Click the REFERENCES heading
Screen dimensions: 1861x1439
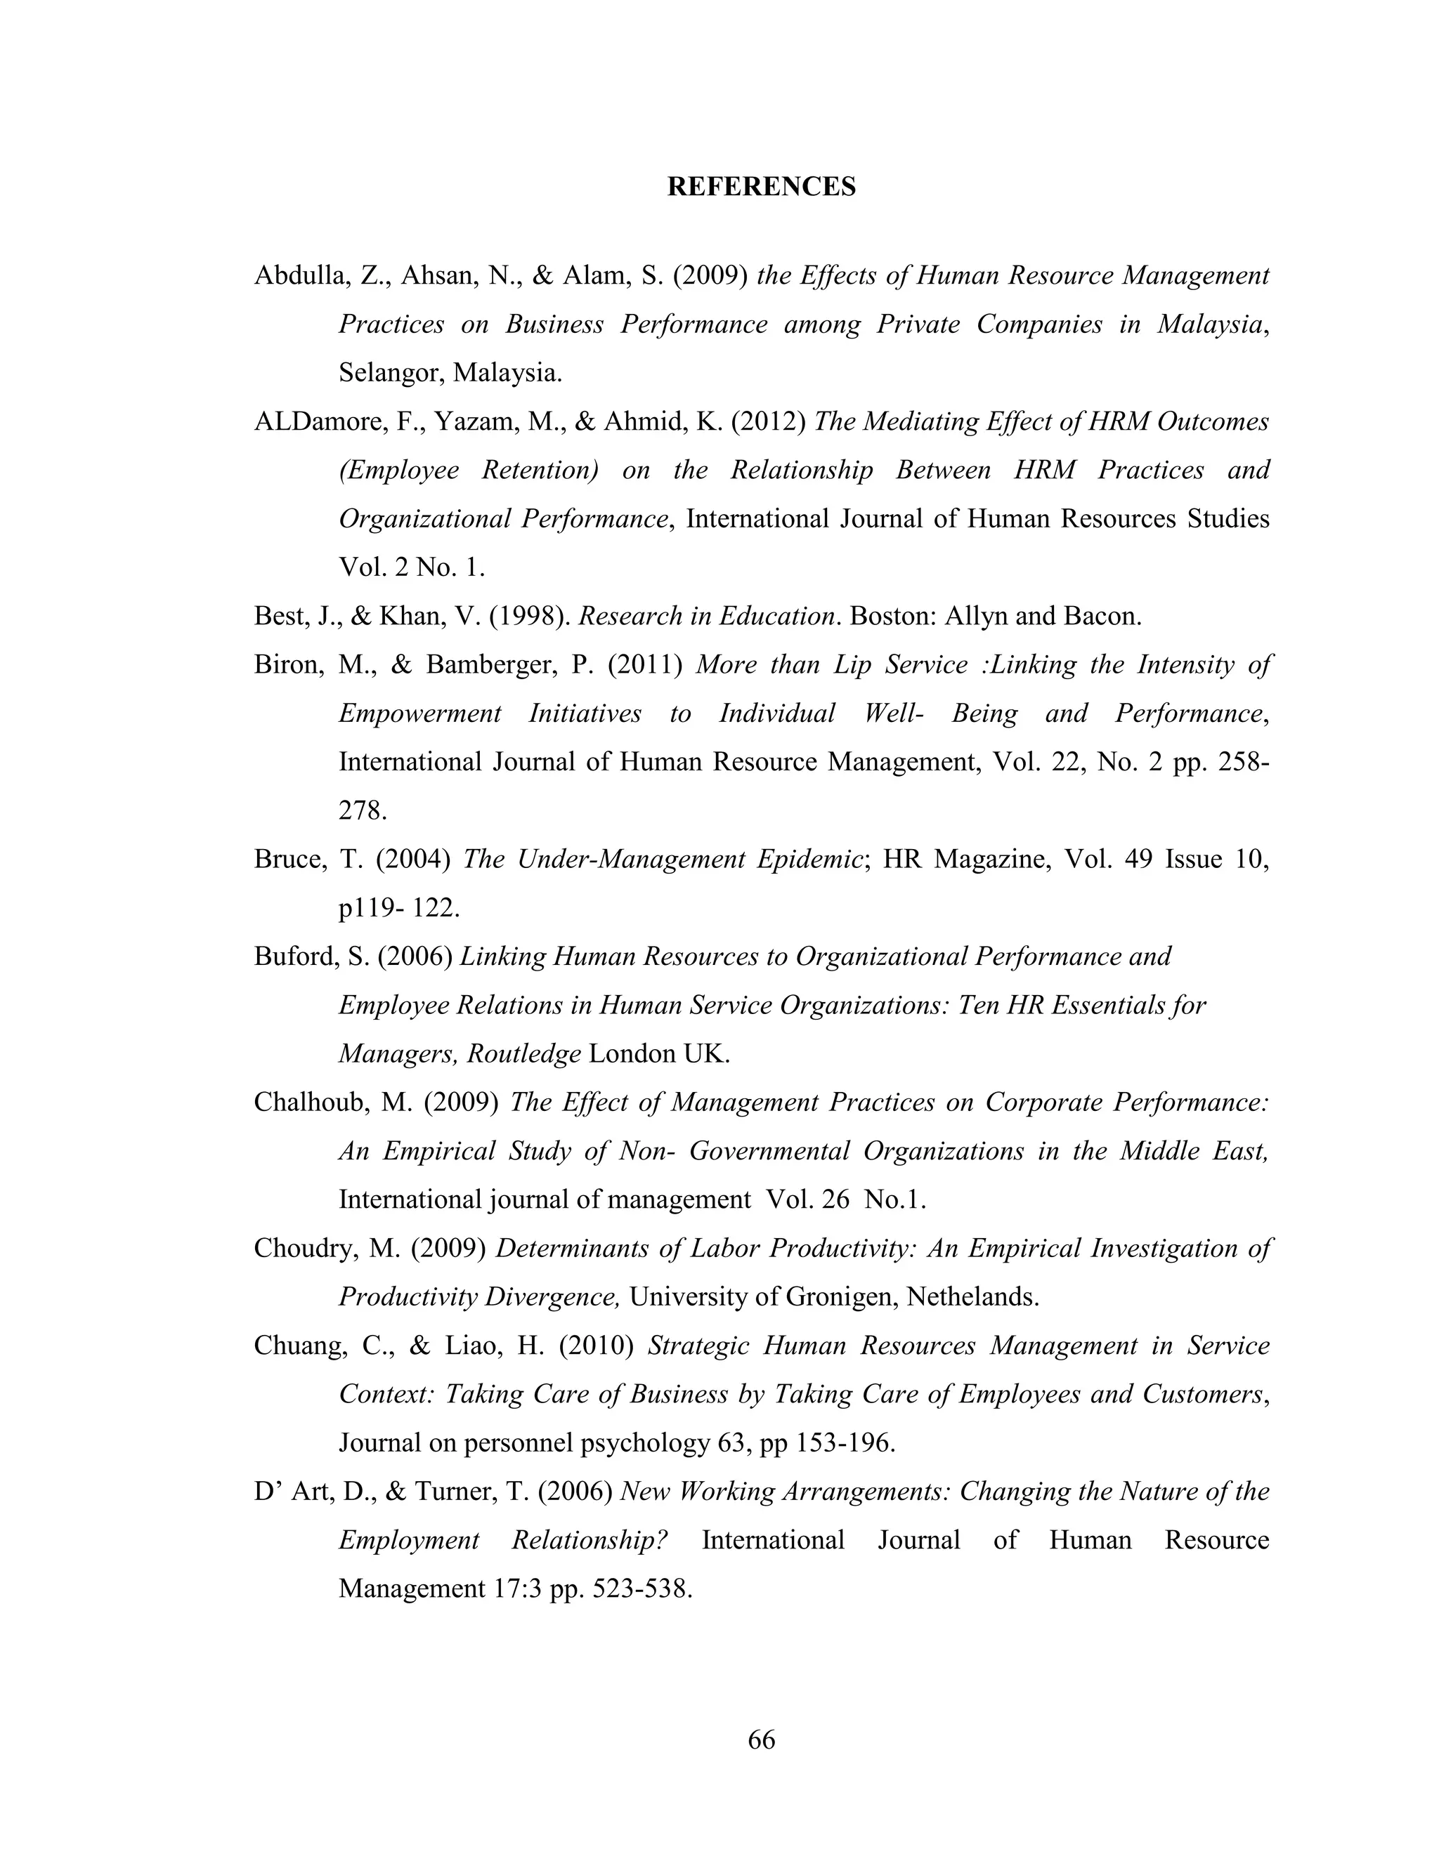(x=760, y=187)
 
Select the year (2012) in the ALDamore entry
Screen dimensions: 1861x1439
(x=768, y=422)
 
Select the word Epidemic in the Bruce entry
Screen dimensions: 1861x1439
(x=810, y=859)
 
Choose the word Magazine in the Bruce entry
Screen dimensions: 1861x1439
(x=979, y=859)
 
